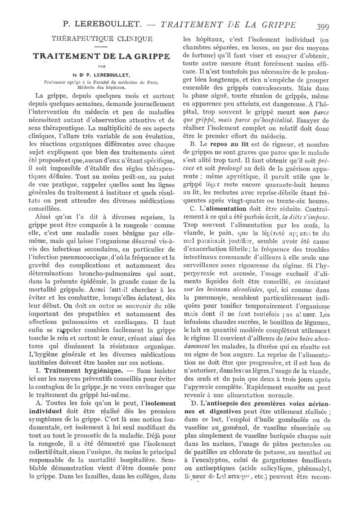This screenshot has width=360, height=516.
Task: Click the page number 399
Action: click(322, 26)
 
